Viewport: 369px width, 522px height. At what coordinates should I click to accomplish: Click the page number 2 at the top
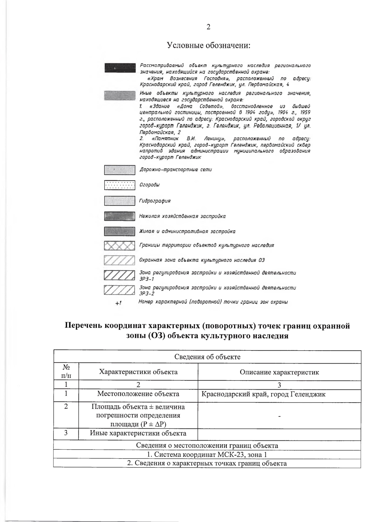[x=208, y=27]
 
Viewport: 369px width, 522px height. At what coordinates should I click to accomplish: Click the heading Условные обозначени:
[x=208, y=46]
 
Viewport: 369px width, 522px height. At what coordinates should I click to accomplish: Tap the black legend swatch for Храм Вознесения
[x=120, y=68]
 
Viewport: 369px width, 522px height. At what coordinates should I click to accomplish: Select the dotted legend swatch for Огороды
[x=120, y=185]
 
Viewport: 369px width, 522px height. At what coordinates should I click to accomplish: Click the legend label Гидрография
[x=155, y=201]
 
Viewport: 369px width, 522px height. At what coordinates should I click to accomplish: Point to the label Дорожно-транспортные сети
[x=176, y=169]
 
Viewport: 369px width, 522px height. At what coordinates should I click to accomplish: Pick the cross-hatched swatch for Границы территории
[x=120, y=245]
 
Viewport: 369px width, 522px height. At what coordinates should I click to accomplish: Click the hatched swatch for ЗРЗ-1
[x=120, y=275]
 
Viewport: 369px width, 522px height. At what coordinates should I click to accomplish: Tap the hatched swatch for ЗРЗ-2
[x=120, y=290]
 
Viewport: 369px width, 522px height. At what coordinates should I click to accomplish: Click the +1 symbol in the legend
[x=118, y=303]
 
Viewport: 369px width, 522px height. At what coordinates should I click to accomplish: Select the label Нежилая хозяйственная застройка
[x=182, y=216]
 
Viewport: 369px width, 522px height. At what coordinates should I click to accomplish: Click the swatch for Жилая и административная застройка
[x=120, y=231]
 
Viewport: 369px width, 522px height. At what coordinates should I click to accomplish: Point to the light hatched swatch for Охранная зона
[x=120, y=260]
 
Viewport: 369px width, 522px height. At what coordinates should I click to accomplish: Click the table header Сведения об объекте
[x=207, y=357]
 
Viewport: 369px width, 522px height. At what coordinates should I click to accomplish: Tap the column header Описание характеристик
[x=279, y=372]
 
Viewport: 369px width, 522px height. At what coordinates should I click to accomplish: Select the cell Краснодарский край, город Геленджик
[x=263, y=394]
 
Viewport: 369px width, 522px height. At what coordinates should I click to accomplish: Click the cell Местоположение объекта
[x=138, y=394]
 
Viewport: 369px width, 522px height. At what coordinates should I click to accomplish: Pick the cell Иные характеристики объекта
[x=138, y=433]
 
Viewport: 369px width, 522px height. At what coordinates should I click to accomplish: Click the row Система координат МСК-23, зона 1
[x=207, y=455]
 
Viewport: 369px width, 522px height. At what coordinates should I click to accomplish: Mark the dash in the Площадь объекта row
[x=279, y=416]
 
